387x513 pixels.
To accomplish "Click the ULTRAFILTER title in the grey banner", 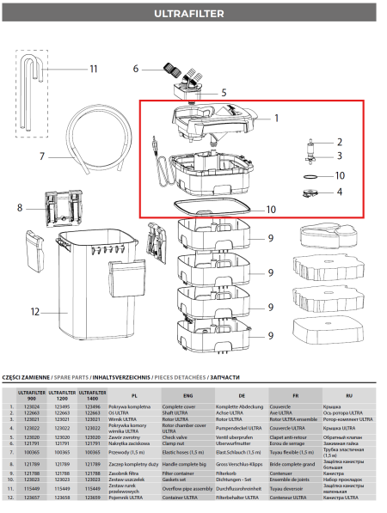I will [193, 14].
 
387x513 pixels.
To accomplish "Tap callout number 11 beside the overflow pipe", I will [94, 69].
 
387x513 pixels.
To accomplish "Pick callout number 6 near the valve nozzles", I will [135, 69].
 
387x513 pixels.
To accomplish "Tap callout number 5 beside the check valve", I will [223, 92].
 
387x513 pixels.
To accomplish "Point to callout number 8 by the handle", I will [20, 207].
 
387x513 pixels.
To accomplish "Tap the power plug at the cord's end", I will [153, 142].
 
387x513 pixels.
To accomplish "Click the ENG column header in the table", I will [187, 394].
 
